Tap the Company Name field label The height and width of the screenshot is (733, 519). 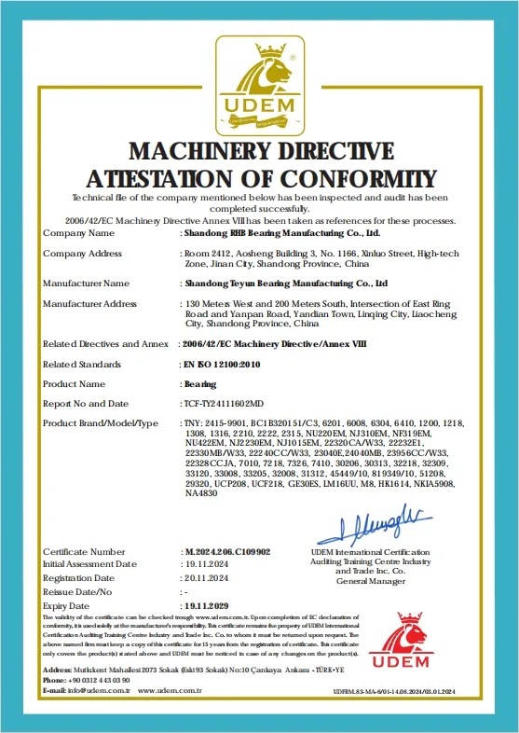click(x=79, y=233)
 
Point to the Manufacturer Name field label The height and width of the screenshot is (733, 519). click(x=87, y=283)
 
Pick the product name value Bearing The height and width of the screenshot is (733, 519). click(x=199, y=383)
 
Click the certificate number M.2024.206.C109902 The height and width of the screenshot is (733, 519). click(x=229, y=552)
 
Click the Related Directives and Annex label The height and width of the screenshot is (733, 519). click(x=105, y=344)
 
